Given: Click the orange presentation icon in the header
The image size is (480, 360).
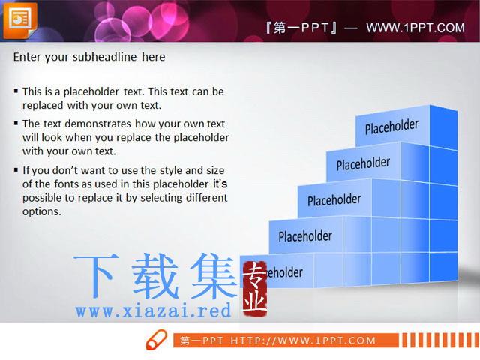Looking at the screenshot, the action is tap(20, 20).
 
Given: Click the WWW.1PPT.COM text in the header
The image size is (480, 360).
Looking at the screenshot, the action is tap(415, 28).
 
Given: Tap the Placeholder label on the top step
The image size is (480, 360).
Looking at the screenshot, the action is tap(391, 127).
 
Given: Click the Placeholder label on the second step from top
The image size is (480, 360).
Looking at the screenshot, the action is tap(363, 163).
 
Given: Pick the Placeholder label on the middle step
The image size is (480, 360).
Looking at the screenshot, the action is tap(334, 200).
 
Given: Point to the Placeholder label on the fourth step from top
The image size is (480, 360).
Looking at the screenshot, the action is tap(305, 236).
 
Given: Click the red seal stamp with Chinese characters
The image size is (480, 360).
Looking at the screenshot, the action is tap(255, 289).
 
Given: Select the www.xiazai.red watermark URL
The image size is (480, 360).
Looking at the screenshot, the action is tap(153, 310).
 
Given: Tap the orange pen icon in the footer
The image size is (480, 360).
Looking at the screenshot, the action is tap(157, 340).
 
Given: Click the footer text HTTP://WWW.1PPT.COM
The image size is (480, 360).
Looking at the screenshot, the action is tap(303, 340).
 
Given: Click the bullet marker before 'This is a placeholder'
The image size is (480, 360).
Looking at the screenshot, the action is tap(16, 91).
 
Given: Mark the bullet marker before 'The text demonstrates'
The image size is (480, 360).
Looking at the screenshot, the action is tap(16, 123).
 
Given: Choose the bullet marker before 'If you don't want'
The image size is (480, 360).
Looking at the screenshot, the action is tap(16, 169).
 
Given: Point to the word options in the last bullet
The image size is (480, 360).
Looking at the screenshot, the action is tap(42, 211).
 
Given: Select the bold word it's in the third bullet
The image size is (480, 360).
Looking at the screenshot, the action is tap(220, 184).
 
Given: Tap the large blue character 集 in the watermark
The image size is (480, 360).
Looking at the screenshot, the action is tap(214, 276).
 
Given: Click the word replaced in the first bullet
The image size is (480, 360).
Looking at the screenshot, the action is tap(43, 105).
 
